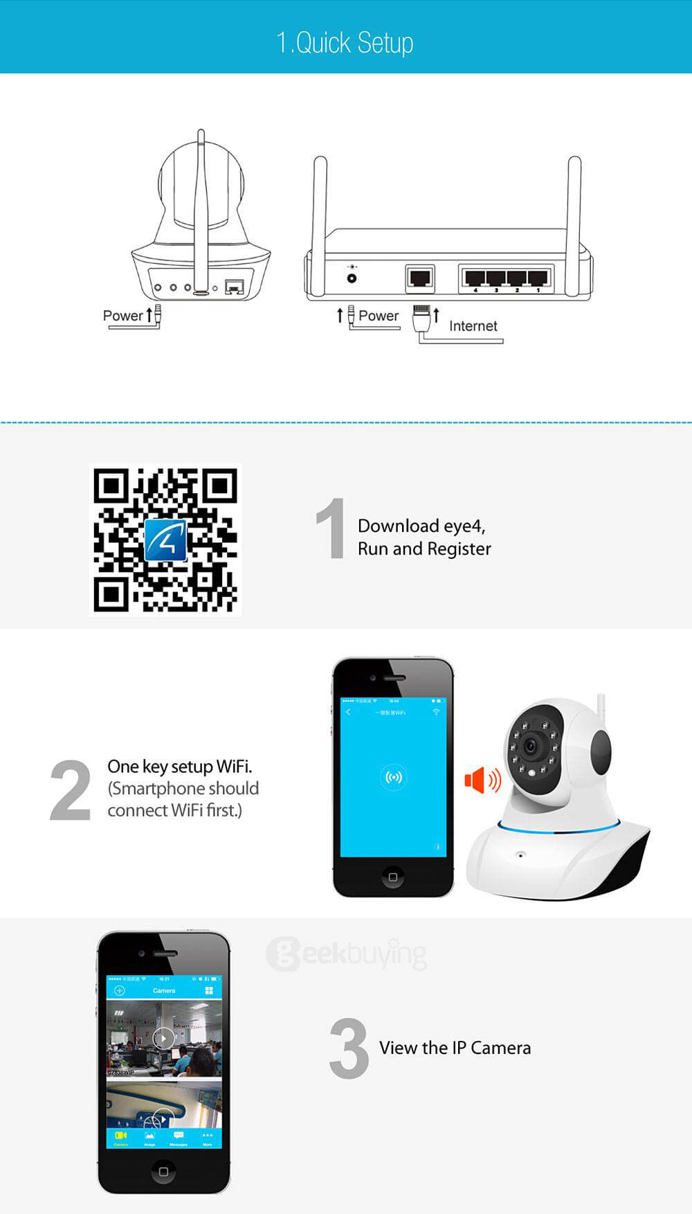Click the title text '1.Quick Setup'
coord(345,43)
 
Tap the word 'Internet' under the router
coord(473,326)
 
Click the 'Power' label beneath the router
coord(378,316)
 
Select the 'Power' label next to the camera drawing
coord(122,316)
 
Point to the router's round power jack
coord(352,278)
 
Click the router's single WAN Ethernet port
coord(419,278)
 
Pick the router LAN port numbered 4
coord(475,278)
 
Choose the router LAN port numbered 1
coord(538,278)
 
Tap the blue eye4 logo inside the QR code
coord(165,540)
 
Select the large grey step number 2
coord(70,790)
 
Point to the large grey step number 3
coord(349,1048)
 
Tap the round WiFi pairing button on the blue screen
coord(393,777)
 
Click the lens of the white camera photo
coord(531,747)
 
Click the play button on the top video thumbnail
coord(163,1038)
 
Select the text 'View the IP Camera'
coord(455,1048)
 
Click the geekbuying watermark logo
coord(346,954)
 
